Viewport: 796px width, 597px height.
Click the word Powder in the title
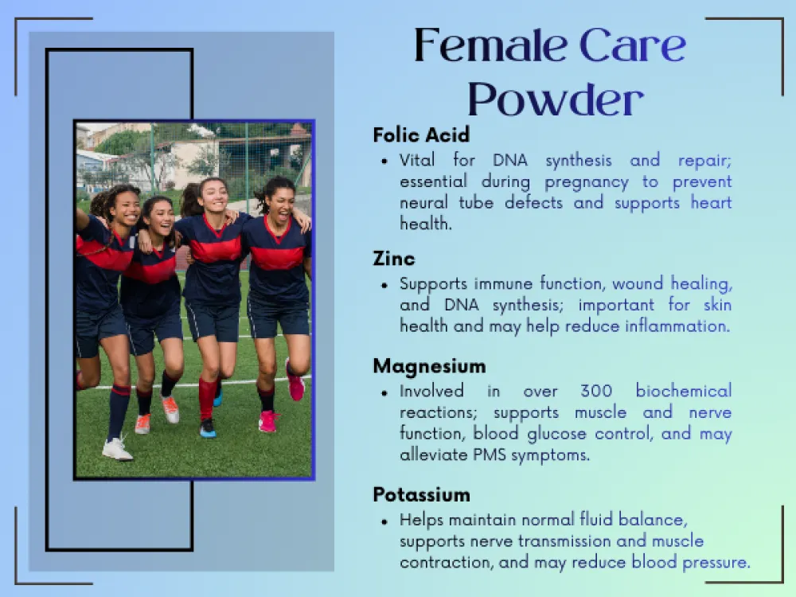point(556,99)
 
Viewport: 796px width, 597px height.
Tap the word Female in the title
point(490,45)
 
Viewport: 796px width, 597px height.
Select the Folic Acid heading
point(421,135)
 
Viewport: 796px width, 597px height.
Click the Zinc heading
point(394,259)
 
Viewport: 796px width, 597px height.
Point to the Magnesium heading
point(430,366)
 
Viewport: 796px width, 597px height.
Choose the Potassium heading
point(421,495)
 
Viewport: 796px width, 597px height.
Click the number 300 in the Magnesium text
point(596,391)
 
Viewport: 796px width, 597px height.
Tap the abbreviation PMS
point(490,455)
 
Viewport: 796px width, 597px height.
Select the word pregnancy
point(587,183)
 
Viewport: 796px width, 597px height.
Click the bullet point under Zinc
point(384,285)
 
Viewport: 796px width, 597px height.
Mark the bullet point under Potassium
point(384,521)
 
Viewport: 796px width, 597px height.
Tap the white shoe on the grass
point(117,449)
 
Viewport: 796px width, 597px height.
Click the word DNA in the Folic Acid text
point(510,161)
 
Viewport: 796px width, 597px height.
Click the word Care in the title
point(633,45)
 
